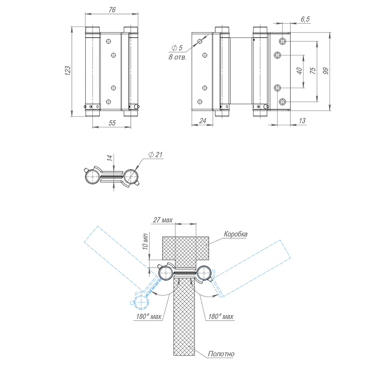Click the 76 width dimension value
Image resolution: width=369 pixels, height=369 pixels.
pos(112,10)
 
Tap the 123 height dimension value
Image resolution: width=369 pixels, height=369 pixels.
pos(67,71)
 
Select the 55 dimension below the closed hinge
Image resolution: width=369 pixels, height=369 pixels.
pos(112,123)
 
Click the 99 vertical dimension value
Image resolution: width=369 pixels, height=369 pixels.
pos(325,71)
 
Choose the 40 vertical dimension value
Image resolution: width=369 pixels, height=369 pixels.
pos(300,71)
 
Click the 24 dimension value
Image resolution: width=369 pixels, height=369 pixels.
pos(202,121)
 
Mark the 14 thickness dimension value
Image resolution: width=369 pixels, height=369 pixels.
pos(109,159)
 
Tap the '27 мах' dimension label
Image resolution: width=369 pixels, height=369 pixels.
pos(162,220)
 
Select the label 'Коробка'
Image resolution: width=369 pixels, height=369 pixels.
pos(235,234)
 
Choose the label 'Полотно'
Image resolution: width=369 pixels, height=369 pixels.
pos(221,354)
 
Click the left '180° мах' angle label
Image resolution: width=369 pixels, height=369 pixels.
pos(148,316)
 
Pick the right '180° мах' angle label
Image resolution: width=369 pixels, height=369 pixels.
pos(221,316)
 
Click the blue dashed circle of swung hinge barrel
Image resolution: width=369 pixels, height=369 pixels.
pos(141,301)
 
